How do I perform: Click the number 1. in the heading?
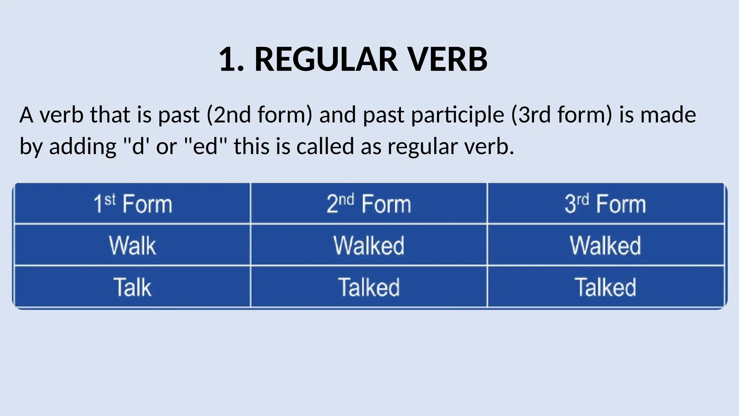(x=231, y=59)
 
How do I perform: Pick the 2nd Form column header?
(x=369, y=204)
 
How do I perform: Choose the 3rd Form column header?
(x=605, y=204)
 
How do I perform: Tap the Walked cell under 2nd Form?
(x=369, y=246)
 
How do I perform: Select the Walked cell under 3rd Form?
(x=605, y=246)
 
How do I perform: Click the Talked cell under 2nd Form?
(x=369, y=287)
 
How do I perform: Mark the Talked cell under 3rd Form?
(x=605, y=287)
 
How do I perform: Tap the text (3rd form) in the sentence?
(x=561, y=115)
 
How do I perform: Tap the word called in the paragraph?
(x=325, y=146)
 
